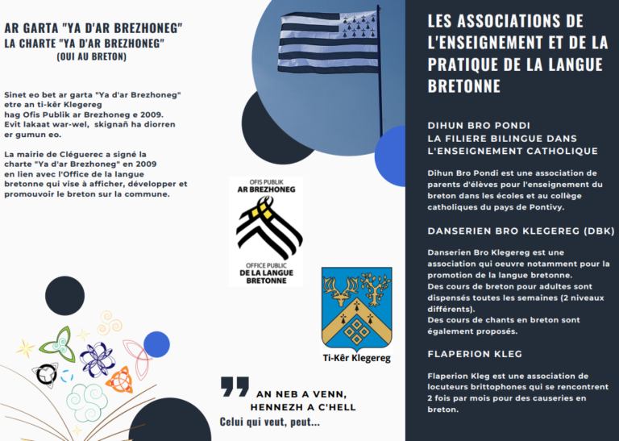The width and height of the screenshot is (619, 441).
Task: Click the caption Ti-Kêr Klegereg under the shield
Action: pos(356,357)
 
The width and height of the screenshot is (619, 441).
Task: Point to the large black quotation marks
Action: pos(235,387)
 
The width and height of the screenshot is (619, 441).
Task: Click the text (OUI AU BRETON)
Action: pos(92,56)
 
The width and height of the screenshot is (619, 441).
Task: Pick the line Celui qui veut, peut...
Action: pos(269,422)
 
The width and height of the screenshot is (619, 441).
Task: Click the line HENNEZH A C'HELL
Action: pos(305,407)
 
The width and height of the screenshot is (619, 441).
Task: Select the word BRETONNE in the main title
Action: pos(463,86)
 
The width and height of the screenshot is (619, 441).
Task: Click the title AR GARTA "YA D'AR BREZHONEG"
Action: pos(93,29)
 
